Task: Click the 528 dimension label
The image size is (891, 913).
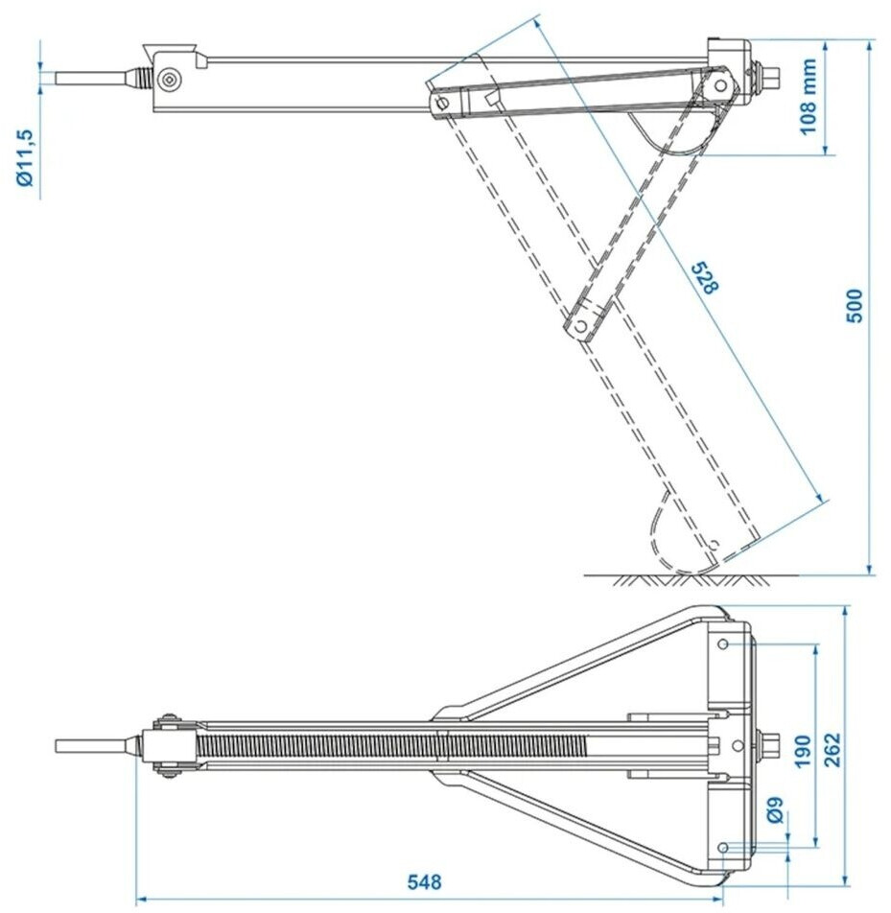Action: click(703, 277)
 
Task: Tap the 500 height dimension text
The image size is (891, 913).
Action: click(856, 305)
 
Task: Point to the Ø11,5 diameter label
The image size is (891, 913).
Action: click(27, 157)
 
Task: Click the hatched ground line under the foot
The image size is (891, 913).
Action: click(691, 579)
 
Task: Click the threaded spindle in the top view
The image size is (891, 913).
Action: click(384, 745)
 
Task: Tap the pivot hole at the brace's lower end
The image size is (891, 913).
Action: click(579, 327)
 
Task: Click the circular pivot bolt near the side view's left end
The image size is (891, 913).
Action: click(171, 80)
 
